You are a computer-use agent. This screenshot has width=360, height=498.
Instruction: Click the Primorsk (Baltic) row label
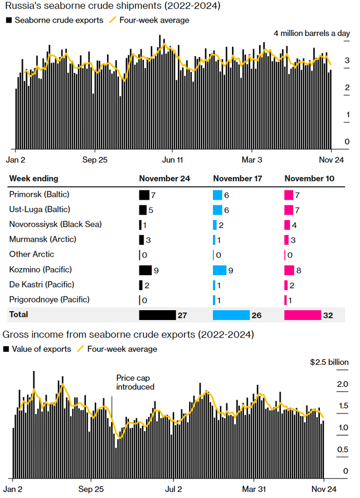coord(39,195)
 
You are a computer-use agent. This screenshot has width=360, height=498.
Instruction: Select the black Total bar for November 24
coord(157,315)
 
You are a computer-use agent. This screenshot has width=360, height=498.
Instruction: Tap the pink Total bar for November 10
coord(302,315)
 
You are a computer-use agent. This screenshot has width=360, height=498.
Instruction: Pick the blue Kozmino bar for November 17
coord(220,270)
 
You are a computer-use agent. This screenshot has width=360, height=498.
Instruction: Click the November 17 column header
coord(238,179)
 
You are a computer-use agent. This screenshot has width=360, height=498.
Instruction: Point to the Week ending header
coord(33,179)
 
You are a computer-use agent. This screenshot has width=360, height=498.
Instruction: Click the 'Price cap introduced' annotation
coord(135,382)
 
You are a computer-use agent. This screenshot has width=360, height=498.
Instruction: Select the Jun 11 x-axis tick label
coord(173,159)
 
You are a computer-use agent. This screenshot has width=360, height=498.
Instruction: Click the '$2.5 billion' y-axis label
coord(329,362)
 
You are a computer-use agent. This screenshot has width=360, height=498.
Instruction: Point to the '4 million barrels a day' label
coord(312,33)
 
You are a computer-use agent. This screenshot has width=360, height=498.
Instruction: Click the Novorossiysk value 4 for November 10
coord(296,225)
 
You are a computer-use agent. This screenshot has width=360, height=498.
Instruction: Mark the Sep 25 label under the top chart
coord(95,159)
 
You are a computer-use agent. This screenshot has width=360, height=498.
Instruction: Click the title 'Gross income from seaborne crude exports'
coord(128,334)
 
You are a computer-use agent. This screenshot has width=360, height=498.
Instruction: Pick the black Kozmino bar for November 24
coord(146,270)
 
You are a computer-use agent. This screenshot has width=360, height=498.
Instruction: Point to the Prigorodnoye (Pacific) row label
coord(49,299)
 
